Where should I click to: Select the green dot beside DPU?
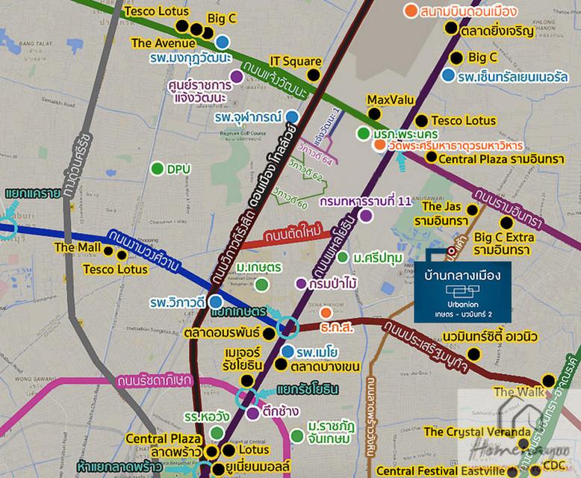click(x=157, y=169)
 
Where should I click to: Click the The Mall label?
click(x=75, y=247)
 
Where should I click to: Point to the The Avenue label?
click(x=163, y=43)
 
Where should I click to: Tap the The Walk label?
click(x=514, y=392)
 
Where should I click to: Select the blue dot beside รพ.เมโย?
click(x=288, y=351)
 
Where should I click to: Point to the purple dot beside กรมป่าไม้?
click(x=300, y=284)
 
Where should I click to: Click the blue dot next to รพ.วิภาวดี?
click(x=215, y=301)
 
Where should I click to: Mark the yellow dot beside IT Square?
click(x=314, y=75)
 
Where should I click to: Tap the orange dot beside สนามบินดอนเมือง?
click(x=410, y=10)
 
